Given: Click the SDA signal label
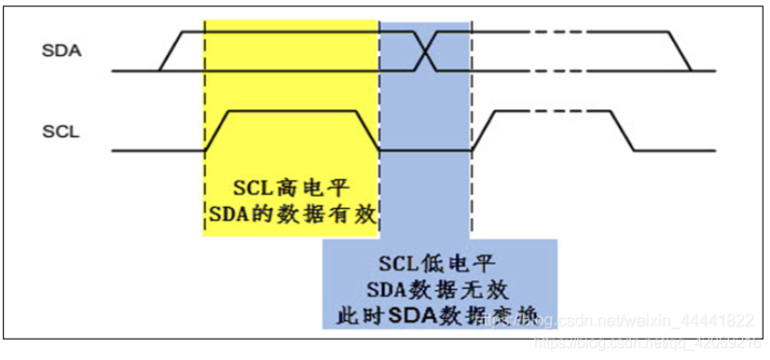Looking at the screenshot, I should [62, 50].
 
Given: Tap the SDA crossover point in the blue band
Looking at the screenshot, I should [424, 51].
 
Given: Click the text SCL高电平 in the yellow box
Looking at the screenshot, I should [291, 186].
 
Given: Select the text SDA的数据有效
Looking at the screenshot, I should [291, 215].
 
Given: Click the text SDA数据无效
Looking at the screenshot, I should [438, 289].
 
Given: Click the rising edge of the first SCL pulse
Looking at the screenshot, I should [216, 131].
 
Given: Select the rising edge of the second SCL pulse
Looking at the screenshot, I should [482, 131].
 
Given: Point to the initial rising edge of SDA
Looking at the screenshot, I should [169, 51].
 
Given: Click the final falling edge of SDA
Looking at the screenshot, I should [681, 51].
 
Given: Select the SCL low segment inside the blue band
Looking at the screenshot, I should [424, 150].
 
